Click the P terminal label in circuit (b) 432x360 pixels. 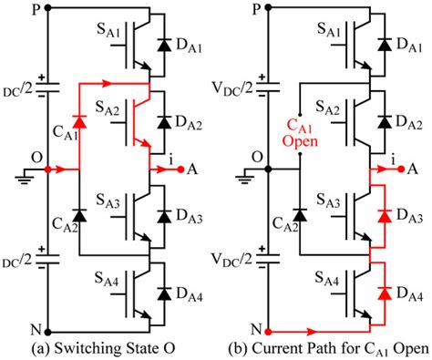pyautogui.click(x=266, y=8)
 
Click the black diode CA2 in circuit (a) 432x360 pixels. pyautogui.click(x=81, y=216)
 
